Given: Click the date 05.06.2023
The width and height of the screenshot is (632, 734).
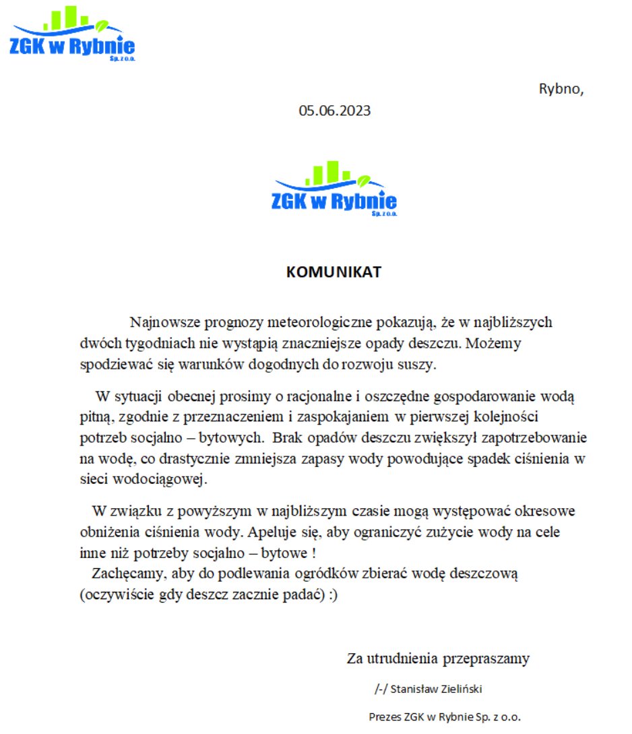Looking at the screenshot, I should click(335, 111).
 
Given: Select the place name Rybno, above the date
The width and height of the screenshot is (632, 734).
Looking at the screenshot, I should click(561, 88).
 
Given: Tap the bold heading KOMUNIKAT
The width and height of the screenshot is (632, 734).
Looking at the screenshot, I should click(334, 272).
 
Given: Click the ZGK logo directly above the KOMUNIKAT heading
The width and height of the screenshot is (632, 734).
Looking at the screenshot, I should click(335, 189).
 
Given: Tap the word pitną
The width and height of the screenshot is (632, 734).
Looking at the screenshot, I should click(94, 417).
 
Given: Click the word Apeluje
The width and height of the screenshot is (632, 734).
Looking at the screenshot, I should click(270, 532).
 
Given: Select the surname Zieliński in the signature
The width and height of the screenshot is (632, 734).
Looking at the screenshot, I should click(458, 690).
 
